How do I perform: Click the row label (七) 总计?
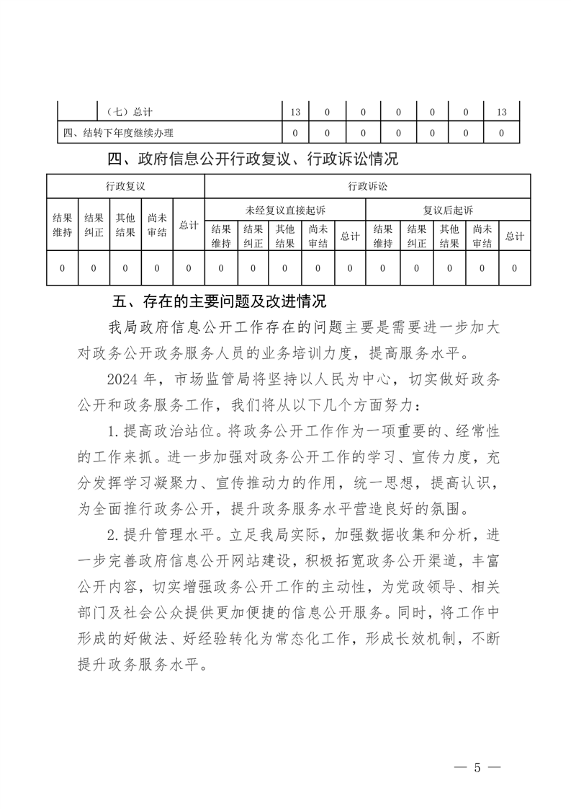(129, 112)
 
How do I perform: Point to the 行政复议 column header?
(125, 186)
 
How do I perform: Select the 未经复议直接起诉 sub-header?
(285, 210)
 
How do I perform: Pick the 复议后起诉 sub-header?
(448, 210)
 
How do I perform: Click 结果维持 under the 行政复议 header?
(62, 225)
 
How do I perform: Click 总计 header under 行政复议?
(189, 225)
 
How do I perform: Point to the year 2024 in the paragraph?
(121, 379)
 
